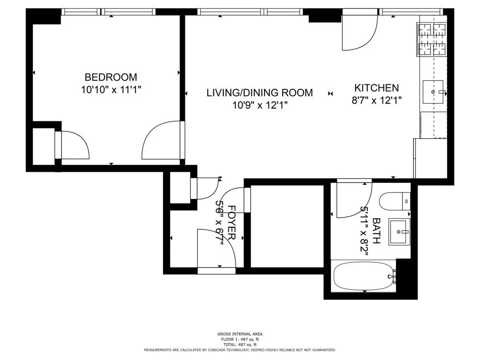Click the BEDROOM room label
click(111, 77)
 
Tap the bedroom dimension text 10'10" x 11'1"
click(111, 90)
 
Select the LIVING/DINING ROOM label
click(260, 93)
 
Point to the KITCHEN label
click(376, 88)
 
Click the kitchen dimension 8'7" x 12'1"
click(376, 100)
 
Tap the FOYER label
click(232, 222)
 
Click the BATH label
click(376, 231)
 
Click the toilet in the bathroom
click(395, 201)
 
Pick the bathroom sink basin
click(399, 232)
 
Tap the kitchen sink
click(433, 92)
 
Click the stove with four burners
click(432, 40)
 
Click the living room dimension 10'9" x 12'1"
click(260, 105)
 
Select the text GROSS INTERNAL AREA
click(240, 334)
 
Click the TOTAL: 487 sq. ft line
click(240, 345)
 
